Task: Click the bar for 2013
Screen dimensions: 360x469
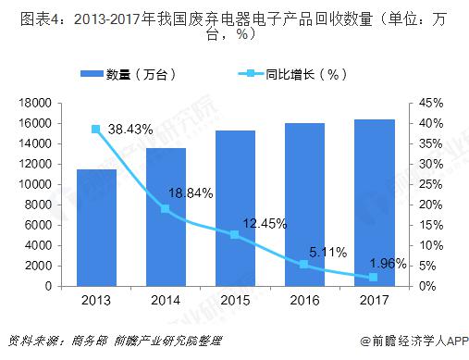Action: pyautogui.click(x=95, y=228)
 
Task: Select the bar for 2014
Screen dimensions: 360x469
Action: pyautogui.click(x=166, y=217)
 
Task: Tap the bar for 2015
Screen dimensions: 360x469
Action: pyautogui.click(x=235, y=208)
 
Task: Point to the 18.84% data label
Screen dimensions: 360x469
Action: pyautogui.click(x=192, y=193)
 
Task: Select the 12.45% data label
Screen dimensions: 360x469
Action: pyautogui.click(x=265, y=223)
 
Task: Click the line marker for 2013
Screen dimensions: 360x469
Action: pyautogui.click(x=95, y=130)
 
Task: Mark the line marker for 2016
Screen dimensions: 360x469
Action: pyautogui.click(x=304, y=265)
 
